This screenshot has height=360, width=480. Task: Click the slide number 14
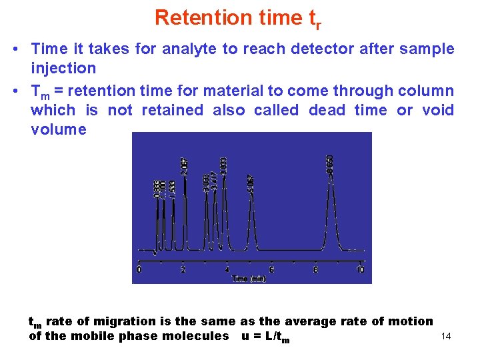tap(446, 337)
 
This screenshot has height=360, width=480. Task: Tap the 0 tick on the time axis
tap(139, 269)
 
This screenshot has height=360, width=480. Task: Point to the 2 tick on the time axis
tap(183, 269)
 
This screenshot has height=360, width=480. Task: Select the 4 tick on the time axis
tap(227, 269)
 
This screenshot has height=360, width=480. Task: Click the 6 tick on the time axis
tap(271, 269)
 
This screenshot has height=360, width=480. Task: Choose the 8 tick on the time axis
tap(315, 269)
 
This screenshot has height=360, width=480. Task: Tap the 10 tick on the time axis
tap(360, 269)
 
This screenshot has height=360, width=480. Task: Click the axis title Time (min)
tap(249, 279)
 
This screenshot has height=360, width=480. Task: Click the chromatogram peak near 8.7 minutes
tap(331, 200)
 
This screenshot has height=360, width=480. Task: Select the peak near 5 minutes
tap(251, 213)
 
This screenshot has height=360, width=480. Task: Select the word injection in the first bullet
tap(63, 68)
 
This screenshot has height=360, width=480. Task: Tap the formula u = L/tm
tap(265, 337)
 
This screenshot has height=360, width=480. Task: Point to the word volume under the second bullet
tap(59, 129)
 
